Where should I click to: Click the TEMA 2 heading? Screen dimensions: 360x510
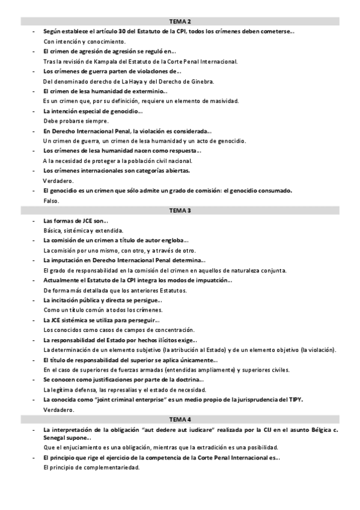180,22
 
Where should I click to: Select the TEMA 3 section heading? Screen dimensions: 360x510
180,210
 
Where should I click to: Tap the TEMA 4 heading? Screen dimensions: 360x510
180,419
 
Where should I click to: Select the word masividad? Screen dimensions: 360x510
224,101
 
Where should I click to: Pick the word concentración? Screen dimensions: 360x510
174,330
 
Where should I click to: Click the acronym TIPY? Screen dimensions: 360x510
294,399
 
